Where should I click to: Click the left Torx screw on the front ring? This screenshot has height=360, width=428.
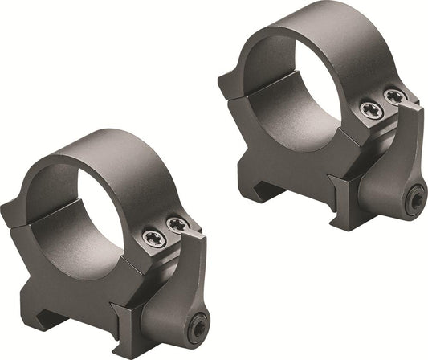point(155,238)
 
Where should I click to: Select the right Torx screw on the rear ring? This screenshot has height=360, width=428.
point(394,96)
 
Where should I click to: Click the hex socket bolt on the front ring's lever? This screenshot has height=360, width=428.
point(198,326)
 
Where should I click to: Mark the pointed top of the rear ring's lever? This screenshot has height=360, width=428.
point(415,105)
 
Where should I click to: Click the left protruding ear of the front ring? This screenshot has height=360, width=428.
point(14,213)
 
